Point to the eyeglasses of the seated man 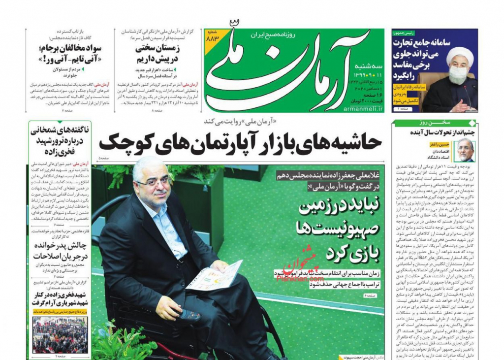click(x=154, y=182)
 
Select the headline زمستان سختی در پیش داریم click(x=157, y=54)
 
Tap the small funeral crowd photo click(x=61, y=334)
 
